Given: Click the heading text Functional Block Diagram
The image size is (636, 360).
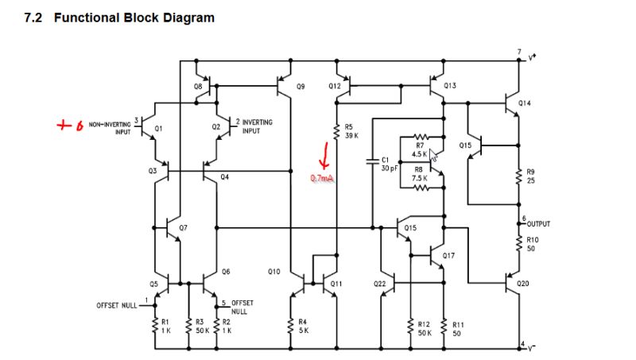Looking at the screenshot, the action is point(134,17).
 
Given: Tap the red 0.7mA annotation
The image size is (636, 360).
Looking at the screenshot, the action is point(323,178).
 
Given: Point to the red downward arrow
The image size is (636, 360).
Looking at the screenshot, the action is point(324,155).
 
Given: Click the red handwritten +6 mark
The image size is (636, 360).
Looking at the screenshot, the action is point(71,126).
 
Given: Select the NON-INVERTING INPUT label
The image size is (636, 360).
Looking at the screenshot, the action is point(110,128).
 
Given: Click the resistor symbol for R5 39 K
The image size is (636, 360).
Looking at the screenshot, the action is point(336,132).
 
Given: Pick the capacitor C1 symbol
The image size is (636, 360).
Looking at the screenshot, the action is point(372,161).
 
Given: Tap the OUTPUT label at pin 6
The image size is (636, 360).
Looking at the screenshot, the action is point(538,224).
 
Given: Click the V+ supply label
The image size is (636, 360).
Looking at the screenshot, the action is point(532,57).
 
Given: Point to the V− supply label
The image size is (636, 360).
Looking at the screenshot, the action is point(531,347).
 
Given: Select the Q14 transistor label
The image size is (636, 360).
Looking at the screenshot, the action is point(524,103).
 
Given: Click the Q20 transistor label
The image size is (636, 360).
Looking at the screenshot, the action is point(523,284).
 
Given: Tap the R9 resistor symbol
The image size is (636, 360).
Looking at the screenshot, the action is point(519,176).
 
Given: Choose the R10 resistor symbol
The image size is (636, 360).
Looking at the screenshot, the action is point(519,244).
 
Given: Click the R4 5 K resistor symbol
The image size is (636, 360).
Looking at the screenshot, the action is point(290,326).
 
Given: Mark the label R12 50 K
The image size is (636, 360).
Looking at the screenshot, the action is point(425,329).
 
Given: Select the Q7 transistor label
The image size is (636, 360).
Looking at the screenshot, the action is point(184,228).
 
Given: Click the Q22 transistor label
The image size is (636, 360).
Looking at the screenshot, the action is point(380,284).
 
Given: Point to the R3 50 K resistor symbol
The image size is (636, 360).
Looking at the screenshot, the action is point(188,326).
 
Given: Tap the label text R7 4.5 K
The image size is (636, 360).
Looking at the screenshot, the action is point(420,149).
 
